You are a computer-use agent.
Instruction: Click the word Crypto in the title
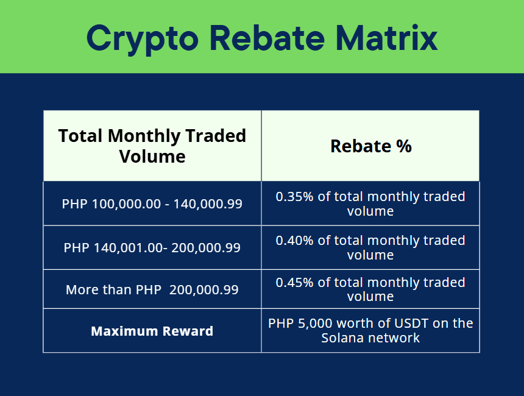(x=143, y=39)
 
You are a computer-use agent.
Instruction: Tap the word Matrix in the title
(x=386, y=38)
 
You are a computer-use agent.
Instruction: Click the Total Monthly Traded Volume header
(x=152, y=146)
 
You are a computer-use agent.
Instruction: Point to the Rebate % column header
(x=371, y=146)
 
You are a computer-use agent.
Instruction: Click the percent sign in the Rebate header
(x=404, y=146)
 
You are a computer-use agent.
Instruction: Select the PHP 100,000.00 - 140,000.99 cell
(x=152, y=204)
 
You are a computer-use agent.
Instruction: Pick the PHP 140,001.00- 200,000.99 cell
(x=152, y=247)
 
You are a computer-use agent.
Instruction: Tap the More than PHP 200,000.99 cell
(x=152, y=290)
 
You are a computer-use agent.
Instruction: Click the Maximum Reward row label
(x=152, y=331)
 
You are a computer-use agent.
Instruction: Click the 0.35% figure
(x=294, y=197)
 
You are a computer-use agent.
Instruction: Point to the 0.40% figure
(x=294, y=240)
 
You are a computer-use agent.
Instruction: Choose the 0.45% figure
(x=294, y=283)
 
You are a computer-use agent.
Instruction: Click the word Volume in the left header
(x=152, y=157)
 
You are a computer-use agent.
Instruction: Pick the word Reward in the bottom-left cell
(x=188, y=331)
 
